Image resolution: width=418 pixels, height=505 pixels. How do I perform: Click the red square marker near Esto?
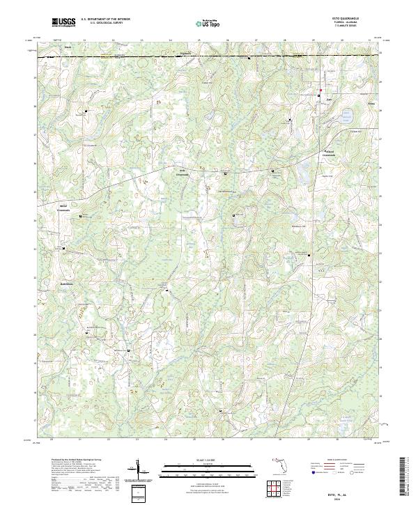320,93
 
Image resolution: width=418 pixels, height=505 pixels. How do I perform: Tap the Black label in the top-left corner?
68,48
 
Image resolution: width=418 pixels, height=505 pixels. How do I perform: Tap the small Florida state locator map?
278,461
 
